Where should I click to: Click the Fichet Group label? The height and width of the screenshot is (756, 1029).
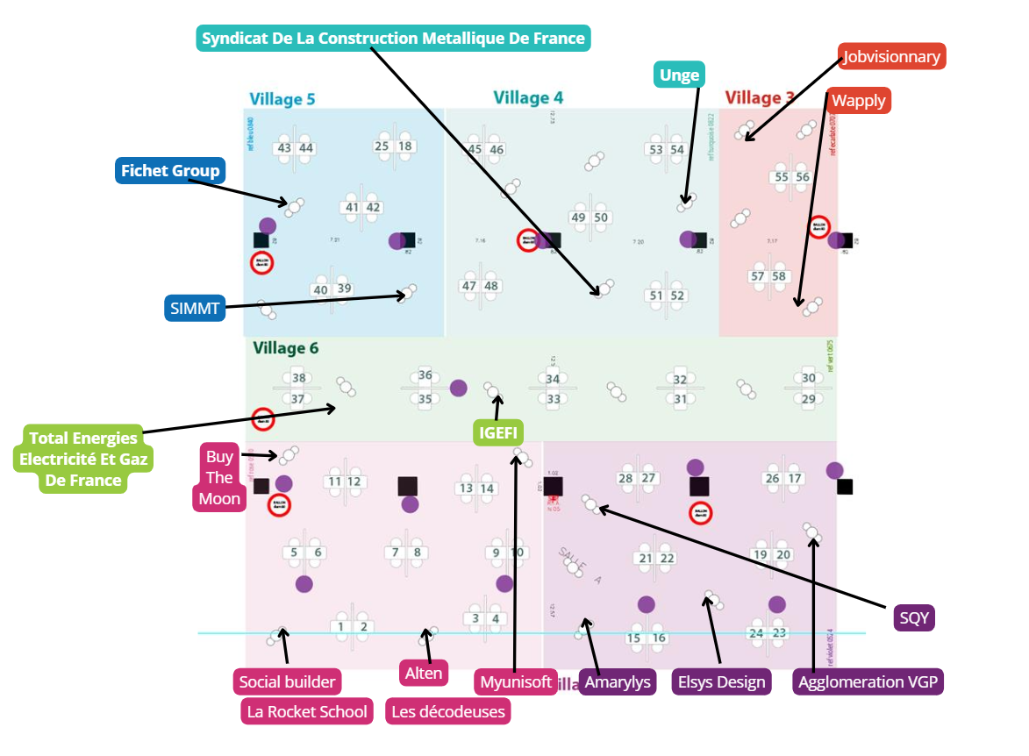point(170,170)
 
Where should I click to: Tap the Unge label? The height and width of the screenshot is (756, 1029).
point(680,75)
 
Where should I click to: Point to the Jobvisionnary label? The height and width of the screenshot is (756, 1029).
point(891,58)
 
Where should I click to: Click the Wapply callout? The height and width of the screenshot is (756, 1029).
point(859,100)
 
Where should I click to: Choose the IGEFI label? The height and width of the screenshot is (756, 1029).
point(498,432)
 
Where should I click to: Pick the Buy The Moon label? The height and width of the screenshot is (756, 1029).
point(219,478)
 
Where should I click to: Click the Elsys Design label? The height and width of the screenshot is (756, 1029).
point(722,682)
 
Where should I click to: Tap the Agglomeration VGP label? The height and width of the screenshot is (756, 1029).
point(868,682)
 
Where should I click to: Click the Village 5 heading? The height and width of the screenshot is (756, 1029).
point(282,99)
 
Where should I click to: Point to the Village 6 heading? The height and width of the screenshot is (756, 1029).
point(286,348)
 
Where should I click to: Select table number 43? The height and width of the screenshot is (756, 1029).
point(284,148)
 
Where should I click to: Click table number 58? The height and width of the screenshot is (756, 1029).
point(779,276)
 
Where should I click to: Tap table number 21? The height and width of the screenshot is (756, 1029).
point(647,559)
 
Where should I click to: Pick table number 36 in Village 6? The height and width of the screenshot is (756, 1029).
point(425,375)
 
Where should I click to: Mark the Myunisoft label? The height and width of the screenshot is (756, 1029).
point(516,682)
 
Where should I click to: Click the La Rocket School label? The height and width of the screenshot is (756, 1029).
point(307,711)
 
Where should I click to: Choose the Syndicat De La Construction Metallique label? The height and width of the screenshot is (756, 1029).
point(393,39)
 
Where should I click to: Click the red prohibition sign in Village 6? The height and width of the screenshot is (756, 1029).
point(263,419)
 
